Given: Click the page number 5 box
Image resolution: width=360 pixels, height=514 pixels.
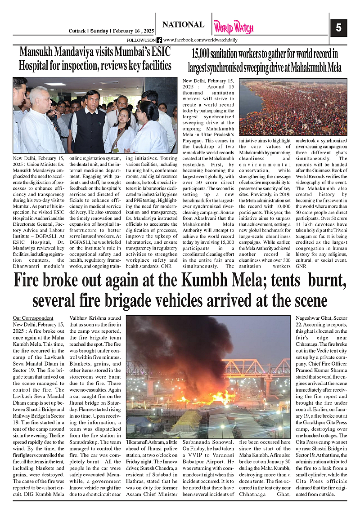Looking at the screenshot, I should (x=339, y=28).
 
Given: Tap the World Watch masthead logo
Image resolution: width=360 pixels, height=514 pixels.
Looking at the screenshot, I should (x=234, y=27).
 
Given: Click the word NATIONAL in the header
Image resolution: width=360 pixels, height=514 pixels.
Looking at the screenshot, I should (x=183, y=25).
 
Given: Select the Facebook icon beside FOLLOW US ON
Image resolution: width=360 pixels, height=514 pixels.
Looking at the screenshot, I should (x=159, y=40).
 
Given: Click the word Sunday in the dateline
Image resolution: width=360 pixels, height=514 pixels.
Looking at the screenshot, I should (x=99, y=31).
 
